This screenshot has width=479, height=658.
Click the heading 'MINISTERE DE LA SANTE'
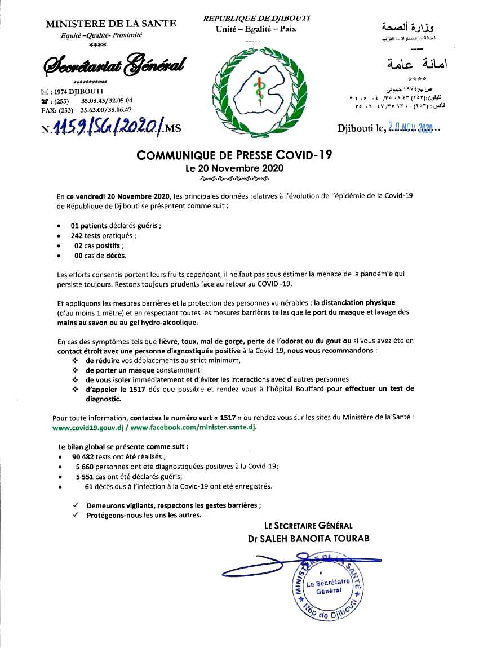110,23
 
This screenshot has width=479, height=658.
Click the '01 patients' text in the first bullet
92,226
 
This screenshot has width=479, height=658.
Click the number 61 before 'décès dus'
88,486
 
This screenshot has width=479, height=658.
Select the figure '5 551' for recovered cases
84,476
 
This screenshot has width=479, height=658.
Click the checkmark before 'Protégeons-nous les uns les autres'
76,514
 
